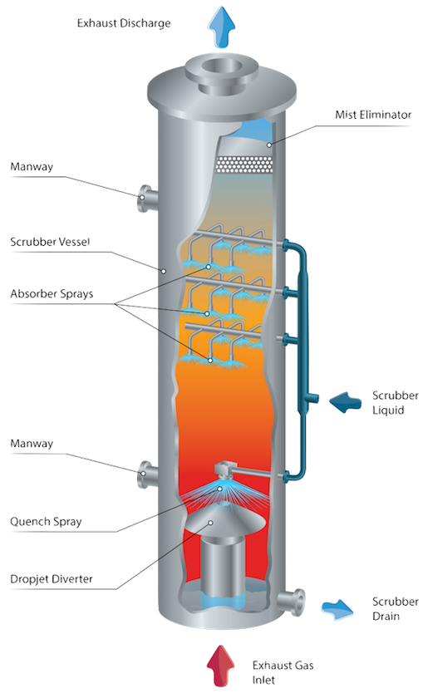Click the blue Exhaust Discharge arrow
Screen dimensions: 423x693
click(221, 27)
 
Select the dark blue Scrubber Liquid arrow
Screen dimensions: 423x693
click(346, 402)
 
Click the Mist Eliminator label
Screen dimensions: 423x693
click(373, 115)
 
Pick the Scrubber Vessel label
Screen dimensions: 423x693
click(50, 242)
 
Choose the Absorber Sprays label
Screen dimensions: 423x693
click(52, 294)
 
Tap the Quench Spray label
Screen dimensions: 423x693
click(46, 522)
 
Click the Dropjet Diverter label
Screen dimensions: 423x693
click(52, 579)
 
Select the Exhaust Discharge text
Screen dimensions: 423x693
click(124, 23)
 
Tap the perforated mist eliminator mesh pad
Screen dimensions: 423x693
click(243, 165)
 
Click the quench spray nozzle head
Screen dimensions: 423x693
click(225, 470)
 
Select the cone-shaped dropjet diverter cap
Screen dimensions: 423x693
click(225, 520)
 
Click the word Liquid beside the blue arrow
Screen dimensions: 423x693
click(388, 410)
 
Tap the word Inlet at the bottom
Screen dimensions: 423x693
click(263, 680)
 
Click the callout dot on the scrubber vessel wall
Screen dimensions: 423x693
click(164, 271)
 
